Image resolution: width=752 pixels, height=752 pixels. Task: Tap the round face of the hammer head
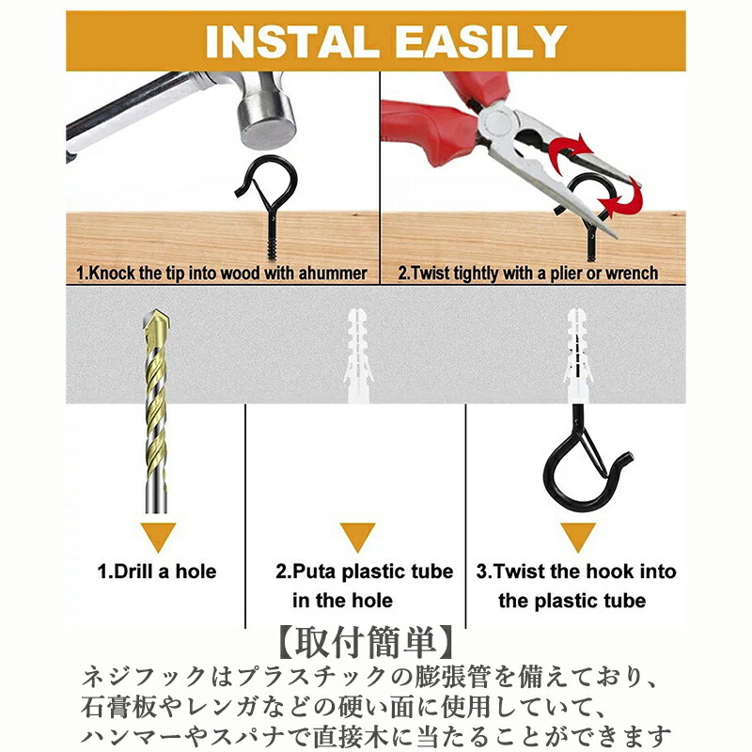270,128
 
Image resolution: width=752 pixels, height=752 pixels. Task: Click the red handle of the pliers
422,131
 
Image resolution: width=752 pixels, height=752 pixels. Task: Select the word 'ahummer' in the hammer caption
333,273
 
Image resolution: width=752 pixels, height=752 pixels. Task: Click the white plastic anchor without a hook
357,355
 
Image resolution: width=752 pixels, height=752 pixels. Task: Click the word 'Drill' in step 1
127,572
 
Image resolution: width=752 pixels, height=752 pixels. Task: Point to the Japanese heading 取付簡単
365,643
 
